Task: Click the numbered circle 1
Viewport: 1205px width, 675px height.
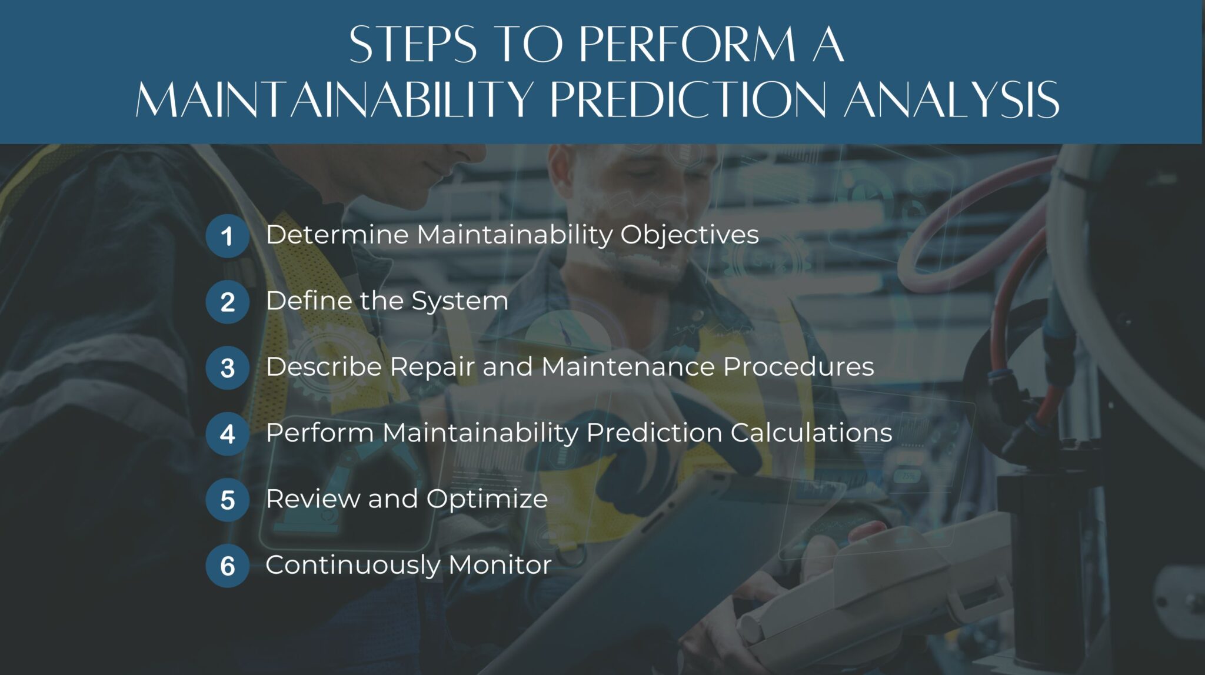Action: coord(227,236)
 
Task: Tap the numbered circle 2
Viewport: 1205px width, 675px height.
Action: coord(227,302)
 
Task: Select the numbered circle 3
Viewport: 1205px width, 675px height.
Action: coord(227,368)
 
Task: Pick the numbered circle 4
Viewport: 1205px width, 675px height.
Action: coord(227,435)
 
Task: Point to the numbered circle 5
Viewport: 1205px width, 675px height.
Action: coord(227,500)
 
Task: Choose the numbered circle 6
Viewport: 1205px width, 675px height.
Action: coord(227,566)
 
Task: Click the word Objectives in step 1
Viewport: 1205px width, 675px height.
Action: coord(689,235)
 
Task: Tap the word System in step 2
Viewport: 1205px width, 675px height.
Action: coord(459,301)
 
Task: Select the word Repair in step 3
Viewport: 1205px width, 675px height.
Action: coord(432,367)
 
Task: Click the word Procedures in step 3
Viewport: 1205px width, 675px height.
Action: coord(798,367)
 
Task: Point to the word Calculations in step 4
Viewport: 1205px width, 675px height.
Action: coord(811,433)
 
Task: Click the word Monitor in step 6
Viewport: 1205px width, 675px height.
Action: coord(500,565)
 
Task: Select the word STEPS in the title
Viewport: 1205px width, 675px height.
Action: coord(412,45)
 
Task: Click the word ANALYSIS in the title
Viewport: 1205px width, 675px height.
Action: coord(951,99)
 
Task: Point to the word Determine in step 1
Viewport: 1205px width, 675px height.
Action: coord(337,235)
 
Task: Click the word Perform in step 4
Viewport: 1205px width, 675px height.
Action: coord(319,433)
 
